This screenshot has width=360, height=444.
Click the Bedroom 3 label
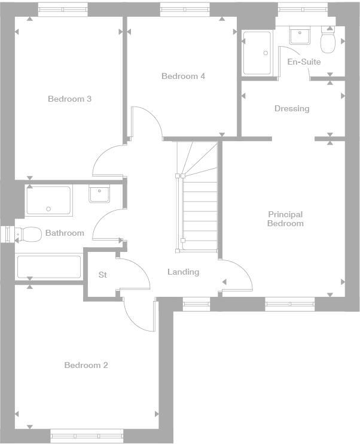69,99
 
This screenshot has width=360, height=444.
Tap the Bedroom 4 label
183,76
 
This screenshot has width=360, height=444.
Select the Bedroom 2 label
86,365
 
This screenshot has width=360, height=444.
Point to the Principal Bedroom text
285,218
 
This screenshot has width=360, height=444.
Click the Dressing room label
292,108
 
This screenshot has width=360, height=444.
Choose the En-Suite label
304,62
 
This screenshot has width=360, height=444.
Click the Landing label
183,272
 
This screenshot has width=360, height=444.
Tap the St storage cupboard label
102,275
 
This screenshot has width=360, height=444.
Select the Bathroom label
65,233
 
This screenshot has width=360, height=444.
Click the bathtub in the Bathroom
48,267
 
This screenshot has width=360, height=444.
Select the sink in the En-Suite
299,36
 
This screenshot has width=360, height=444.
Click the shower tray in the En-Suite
257,53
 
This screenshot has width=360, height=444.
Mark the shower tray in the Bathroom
48,201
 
